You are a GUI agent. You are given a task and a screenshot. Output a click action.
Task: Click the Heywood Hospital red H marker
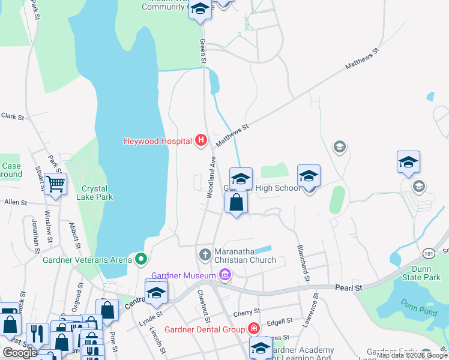tap(201, 141)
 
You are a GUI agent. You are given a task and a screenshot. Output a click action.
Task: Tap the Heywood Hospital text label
tap(157, 142)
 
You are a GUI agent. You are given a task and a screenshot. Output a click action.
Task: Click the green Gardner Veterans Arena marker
tap(141, 260)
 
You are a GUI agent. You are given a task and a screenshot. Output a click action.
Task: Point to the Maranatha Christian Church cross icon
tap(205, 254)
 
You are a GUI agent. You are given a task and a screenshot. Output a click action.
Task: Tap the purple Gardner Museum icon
tap(225, 275)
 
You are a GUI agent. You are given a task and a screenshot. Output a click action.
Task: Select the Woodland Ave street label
tap(211, 177)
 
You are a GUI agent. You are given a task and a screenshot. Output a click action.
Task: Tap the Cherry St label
tap(247, 312)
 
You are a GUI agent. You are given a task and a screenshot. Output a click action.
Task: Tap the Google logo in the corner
tap(20, 352)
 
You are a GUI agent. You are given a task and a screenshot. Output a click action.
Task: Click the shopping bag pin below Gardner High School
tap(237, 202)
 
